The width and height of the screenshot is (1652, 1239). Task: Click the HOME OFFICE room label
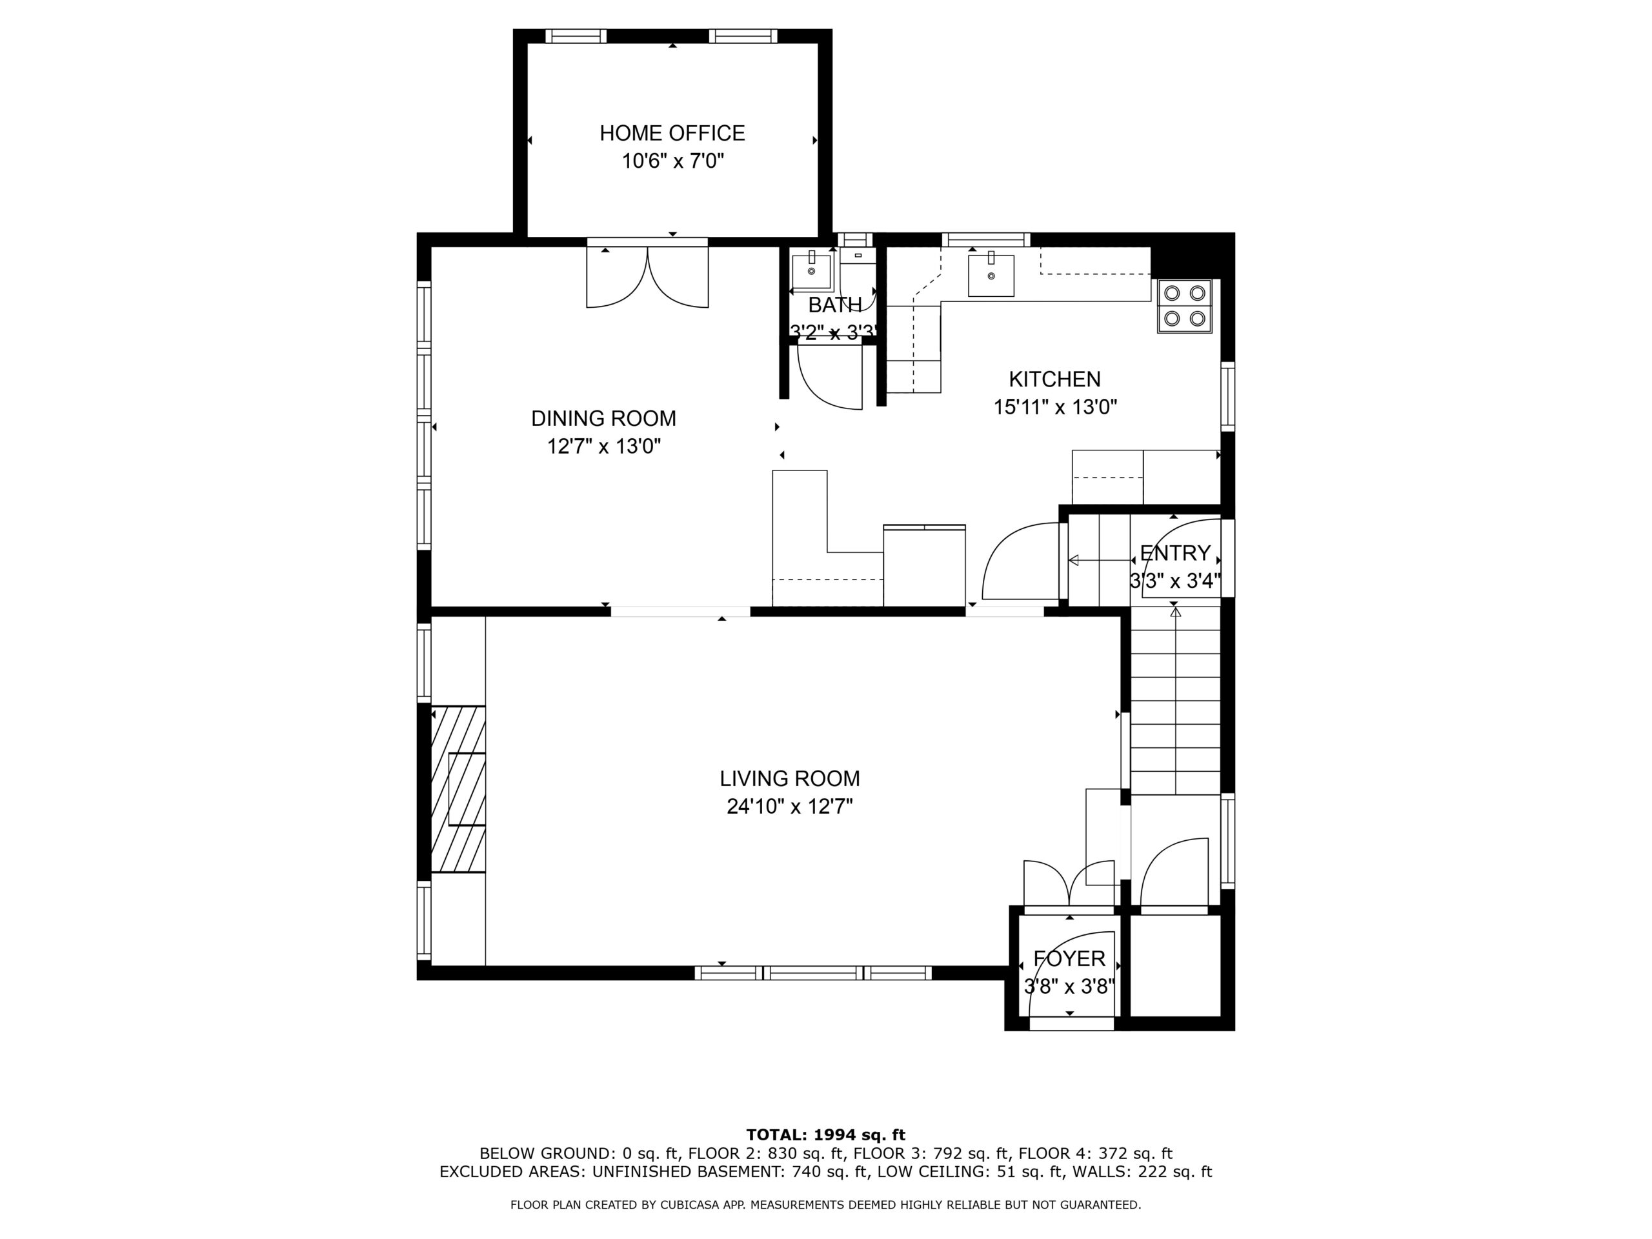pos(672,133)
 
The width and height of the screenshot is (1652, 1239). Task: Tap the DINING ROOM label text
pos(603,418)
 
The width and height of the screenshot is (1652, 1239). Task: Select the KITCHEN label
pos(1054,379)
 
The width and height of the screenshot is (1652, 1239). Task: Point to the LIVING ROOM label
pos(789,779)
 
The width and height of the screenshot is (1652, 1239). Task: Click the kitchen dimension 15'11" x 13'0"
pos(1054,407)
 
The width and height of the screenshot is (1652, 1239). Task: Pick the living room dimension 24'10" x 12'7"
pos(789,807)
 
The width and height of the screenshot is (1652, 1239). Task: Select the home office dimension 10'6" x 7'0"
pos(673,161)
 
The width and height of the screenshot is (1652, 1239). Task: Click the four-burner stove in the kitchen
pos(1185,307)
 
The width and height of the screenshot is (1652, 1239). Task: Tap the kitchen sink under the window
pos(991,275)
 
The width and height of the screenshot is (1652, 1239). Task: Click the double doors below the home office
pos(647,277)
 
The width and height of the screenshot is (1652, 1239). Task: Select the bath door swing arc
pos(830,377)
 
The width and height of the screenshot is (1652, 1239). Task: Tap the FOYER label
pos(1069,959)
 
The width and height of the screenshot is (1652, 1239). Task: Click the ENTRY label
pos(1174,554)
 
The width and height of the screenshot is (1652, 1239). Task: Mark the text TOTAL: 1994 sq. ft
pos(825,1135)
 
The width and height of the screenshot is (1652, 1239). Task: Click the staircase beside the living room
pos(1176,702)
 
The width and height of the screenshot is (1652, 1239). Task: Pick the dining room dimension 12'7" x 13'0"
pos(603,447)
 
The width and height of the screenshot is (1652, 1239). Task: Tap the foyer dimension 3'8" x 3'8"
pos(1069,987)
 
